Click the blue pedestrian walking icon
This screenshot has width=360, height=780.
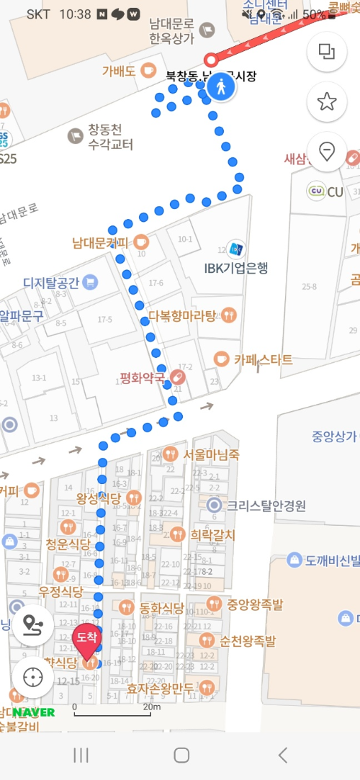pyautogui.click(x=221, y=89)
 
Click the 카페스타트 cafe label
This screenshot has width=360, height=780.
pyautogui.click(x=263, y=359)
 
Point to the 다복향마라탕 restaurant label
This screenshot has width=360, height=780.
pyautogui.click(x=182, y=315)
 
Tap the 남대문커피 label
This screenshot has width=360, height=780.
pyautogui.click(x=101, y=243)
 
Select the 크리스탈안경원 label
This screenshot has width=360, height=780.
pyautogui.click(x=266, y=506)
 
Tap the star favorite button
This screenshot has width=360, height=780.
pyautogui.click(x=327, y=102)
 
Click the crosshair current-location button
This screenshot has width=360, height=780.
pyautogui.click(x=32, y=677)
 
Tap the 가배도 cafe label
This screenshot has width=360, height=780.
pyautogui.click(x=119, y=71)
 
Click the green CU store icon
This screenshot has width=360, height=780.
pyautogui.click(x=315, y=192)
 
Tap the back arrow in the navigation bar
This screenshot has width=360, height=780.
pyautogui.click(x=282, y=754)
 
